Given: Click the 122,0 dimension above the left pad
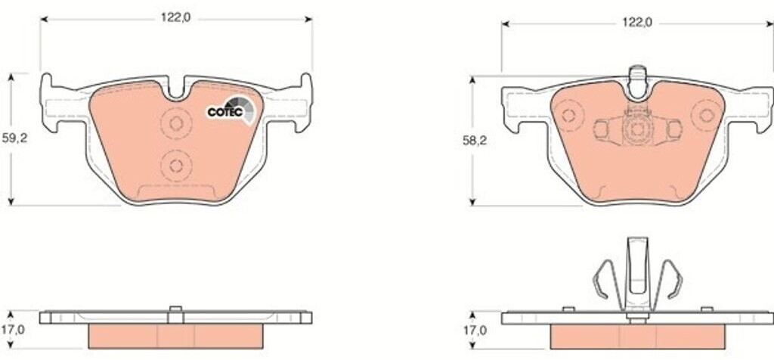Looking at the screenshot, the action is (x=175, y=18).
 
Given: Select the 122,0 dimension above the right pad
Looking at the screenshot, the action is (x=636, y=22).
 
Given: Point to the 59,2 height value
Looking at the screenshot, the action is (x=15, y=138).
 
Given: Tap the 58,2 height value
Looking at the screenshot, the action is (x=475, y=140).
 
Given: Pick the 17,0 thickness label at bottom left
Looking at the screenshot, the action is (x=13, y=330).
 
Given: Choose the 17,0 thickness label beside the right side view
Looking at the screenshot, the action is (x=475, y=330).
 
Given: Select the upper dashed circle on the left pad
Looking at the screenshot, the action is (x=176, y=123).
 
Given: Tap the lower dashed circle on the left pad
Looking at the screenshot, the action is (x=176, y=166).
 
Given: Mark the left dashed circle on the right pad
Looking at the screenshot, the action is (x=568, y=116).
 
